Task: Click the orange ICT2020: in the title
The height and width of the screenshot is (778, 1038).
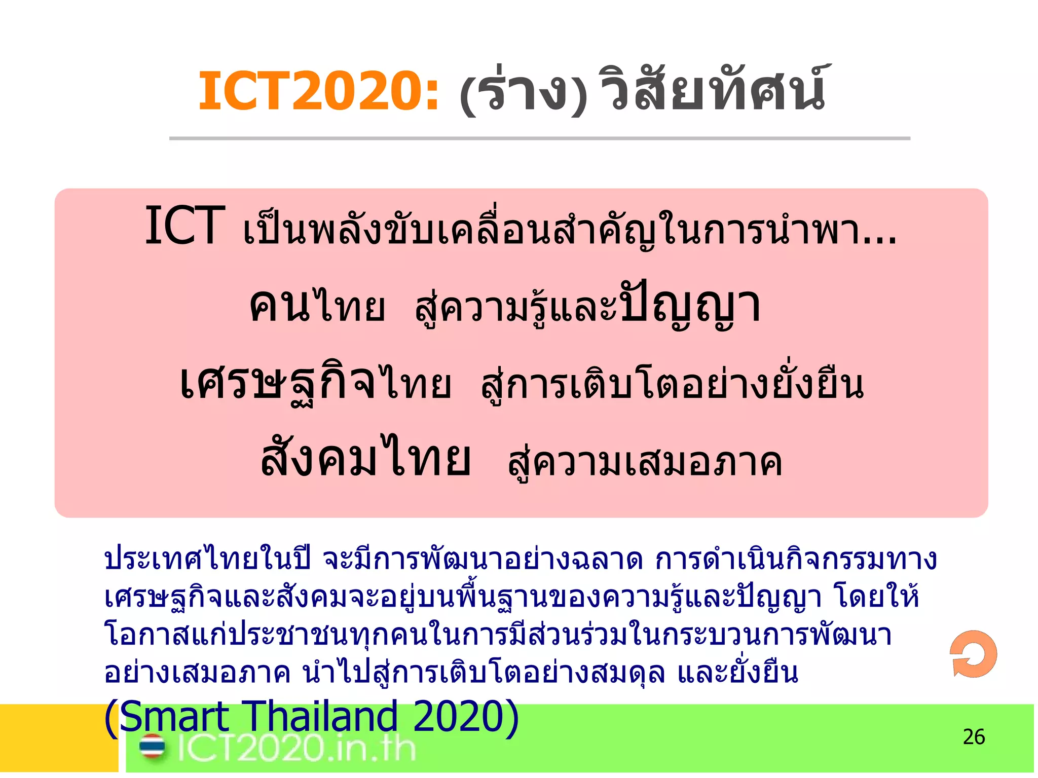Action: (x=318, y=91)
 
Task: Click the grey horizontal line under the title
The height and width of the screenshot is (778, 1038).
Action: (x=539, y=138)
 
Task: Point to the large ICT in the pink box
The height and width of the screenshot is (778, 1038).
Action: (x=184, y=226)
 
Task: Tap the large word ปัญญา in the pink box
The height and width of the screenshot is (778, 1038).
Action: (x=690, y=305)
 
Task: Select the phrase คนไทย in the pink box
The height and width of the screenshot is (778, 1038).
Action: (x=317, y=306)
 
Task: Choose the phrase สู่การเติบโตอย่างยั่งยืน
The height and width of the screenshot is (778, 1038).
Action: (x=672, y=385)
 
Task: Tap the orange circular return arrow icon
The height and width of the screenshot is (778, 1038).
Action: (x=973, y=654)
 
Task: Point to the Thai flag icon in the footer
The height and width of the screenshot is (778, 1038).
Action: (x=152, y=747)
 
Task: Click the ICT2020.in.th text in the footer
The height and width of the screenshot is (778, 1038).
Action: (x=296, y=748)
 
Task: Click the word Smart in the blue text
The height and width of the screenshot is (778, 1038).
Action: (x=175, y=717)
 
